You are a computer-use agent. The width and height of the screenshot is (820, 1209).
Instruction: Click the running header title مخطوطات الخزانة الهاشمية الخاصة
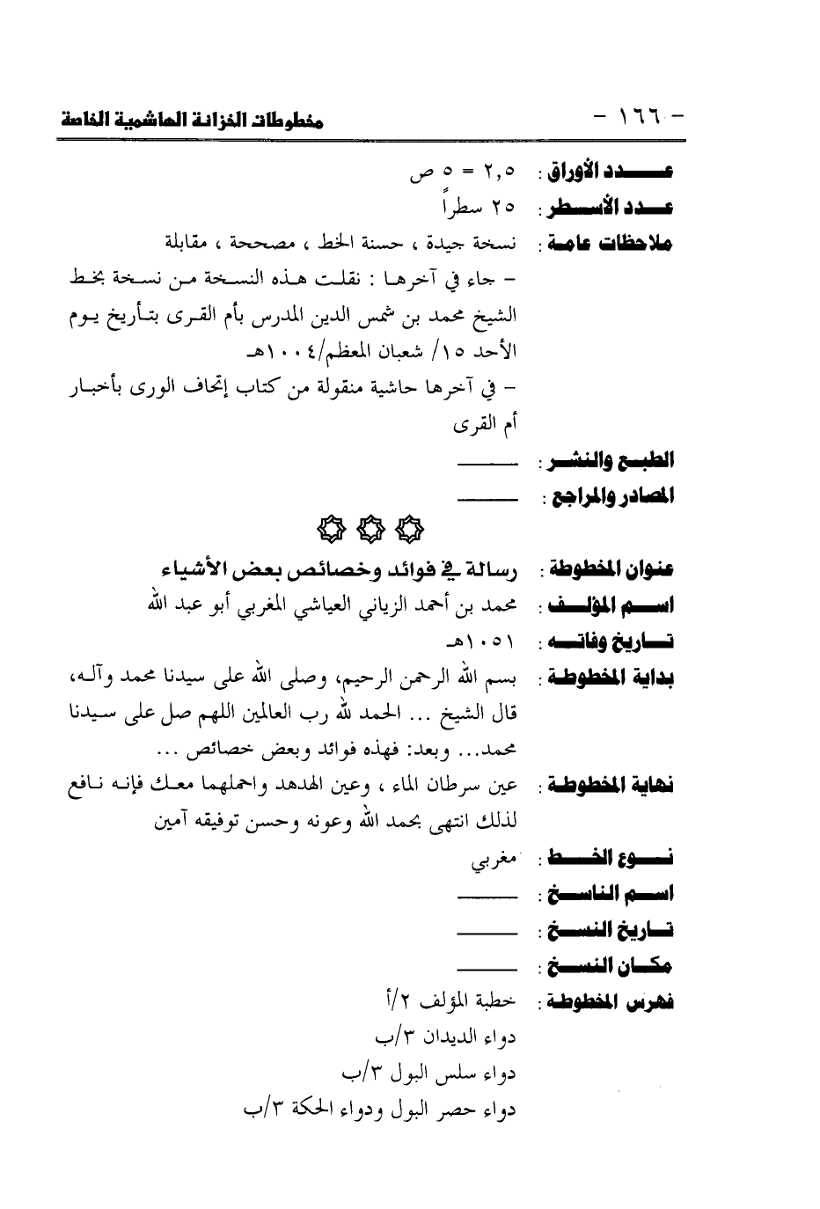(x=192, y=121)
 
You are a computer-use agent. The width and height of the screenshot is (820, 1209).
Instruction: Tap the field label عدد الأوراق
(x=611, y=172)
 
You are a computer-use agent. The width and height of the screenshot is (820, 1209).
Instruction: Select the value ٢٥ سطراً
(x=479, y=209)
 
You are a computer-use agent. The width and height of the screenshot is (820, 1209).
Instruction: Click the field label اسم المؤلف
(x=611, y=606)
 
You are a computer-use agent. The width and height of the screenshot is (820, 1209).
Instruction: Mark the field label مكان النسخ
(x=611, y=967)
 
